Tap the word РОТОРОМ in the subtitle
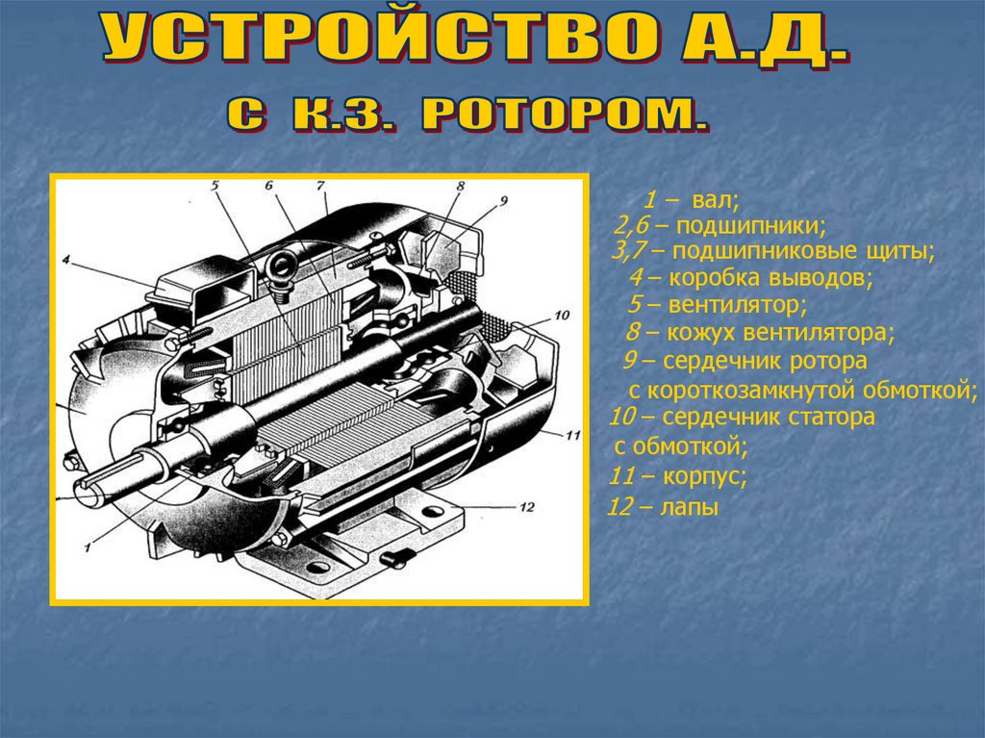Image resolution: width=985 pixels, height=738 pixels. point(565,115)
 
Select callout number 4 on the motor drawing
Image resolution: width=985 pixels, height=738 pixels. point(66,259)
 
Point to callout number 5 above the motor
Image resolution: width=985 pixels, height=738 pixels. point(215,186)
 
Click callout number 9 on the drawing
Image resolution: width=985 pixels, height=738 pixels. point(503,200)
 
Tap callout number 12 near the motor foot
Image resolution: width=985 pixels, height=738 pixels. point(526,507)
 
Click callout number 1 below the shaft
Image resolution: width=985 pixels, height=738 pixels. point(88,547)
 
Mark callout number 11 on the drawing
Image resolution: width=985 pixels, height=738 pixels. point(573,435)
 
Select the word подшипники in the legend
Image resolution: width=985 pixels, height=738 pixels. point(751,226)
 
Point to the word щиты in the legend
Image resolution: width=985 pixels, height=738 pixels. point(899,251)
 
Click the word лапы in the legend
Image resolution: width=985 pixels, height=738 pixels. point(689,507)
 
